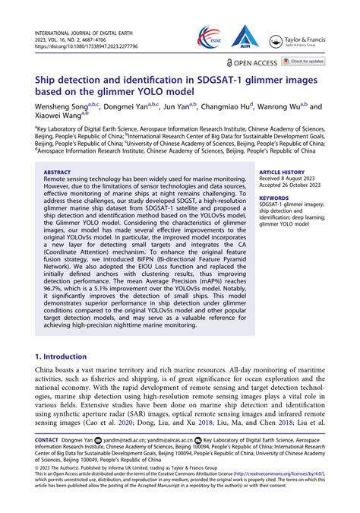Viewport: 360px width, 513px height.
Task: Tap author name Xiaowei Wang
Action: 58,118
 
